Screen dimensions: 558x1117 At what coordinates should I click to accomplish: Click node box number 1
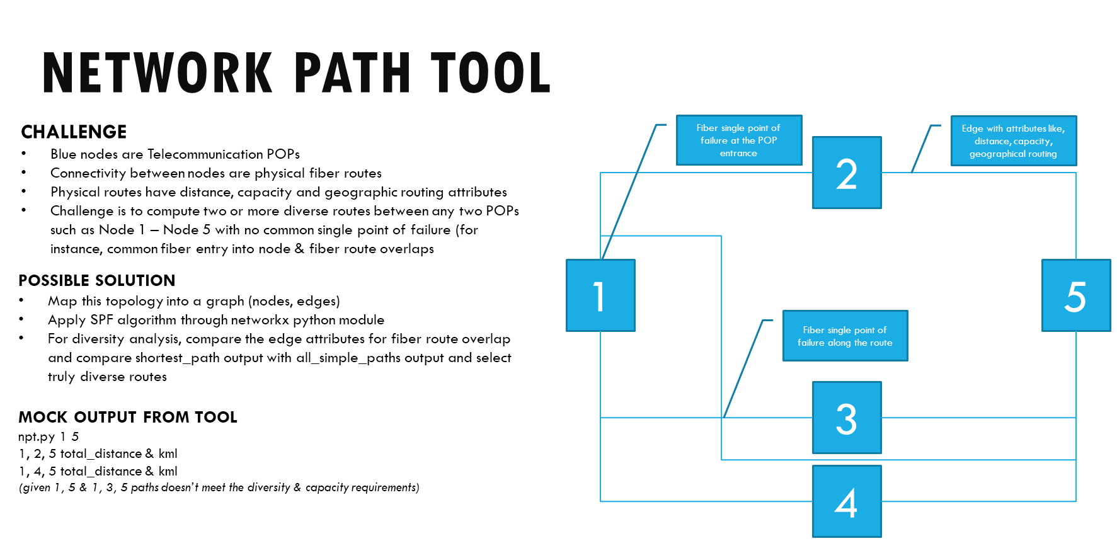tap(600, 295)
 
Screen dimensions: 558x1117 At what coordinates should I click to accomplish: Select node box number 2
tap(847, 173)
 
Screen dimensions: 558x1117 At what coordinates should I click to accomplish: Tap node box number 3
tap(847, 418)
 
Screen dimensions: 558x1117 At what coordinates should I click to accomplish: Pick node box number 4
tap(847, 501)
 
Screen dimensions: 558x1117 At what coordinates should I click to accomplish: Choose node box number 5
tap(1075, 295)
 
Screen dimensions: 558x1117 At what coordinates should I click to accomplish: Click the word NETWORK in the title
tap(158, 74)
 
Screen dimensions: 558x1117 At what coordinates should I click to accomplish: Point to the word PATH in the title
tap(352, 74)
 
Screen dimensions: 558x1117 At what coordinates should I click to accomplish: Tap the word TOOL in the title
tap(491, 74)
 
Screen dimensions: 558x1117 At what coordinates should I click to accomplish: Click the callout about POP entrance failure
tap(738, 140)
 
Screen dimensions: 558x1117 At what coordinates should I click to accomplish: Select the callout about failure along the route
tap(845, 336)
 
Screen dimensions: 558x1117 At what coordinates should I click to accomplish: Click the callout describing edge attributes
tap(1013, 141)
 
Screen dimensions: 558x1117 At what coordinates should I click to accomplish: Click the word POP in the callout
tap(767, 140)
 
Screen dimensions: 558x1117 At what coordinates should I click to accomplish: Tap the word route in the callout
tap(881, 343)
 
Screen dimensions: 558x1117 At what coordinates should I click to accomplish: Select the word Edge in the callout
tap(972, 128)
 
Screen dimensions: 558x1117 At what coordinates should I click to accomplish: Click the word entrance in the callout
tap(738, 154)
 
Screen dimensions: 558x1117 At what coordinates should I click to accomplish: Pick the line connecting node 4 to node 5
tap(977, 501)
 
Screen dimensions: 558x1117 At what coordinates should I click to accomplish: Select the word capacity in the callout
tap(1032, 142)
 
